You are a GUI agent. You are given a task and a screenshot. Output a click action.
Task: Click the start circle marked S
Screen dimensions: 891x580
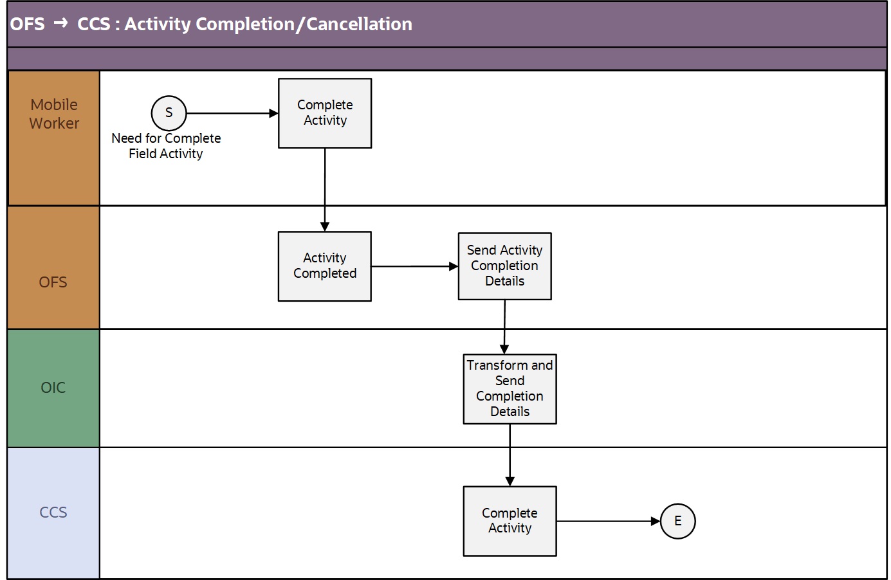tap(169, 113)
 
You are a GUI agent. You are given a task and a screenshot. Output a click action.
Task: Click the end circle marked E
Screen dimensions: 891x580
tap(678, 521)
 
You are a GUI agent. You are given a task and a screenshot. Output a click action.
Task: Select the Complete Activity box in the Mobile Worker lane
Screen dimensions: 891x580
tap(325, 113)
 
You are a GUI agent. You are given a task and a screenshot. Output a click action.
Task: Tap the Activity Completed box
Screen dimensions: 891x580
tap(325, 266)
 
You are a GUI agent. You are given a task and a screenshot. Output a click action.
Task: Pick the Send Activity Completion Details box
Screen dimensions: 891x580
tap(505, 266)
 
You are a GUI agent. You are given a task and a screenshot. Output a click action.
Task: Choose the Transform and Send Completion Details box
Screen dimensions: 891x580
tap(510, 389)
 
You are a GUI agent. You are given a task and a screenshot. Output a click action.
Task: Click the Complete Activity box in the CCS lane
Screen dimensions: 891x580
tap(510, 521)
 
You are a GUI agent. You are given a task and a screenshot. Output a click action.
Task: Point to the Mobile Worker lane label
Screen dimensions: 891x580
tap(54, 114)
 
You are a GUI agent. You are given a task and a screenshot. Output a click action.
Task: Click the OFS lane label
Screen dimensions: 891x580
tap(53, 282)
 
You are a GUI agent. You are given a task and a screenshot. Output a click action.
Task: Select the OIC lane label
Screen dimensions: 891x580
tap(53, 388)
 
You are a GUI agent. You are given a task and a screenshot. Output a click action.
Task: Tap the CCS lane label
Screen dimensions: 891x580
tap(53, 512)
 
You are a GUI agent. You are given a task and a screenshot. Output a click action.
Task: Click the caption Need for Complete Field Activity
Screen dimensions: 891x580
tap(166, 146)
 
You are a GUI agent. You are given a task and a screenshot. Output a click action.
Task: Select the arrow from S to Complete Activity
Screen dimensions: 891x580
tap(232, 113)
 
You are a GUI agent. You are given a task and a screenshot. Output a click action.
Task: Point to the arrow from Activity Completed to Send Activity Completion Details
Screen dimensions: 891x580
tap(415, 266)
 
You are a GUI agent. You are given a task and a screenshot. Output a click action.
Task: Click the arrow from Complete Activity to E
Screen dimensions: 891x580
tap(609, 521)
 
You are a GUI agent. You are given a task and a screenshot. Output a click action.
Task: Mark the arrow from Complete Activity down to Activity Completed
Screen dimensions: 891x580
tap(325, 190)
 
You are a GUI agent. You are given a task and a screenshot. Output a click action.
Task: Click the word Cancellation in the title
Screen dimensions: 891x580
tap(359, 24)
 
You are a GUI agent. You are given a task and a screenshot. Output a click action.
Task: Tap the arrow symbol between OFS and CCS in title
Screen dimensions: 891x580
tap(60, 23)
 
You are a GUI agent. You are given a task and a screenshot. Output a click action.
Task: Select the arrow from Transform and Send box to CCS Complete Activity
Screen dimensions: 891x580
tap(510, 455)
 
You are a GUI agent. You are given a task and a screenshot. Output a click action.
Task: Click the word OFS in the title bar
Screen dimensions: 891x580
tap(28, 24)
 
